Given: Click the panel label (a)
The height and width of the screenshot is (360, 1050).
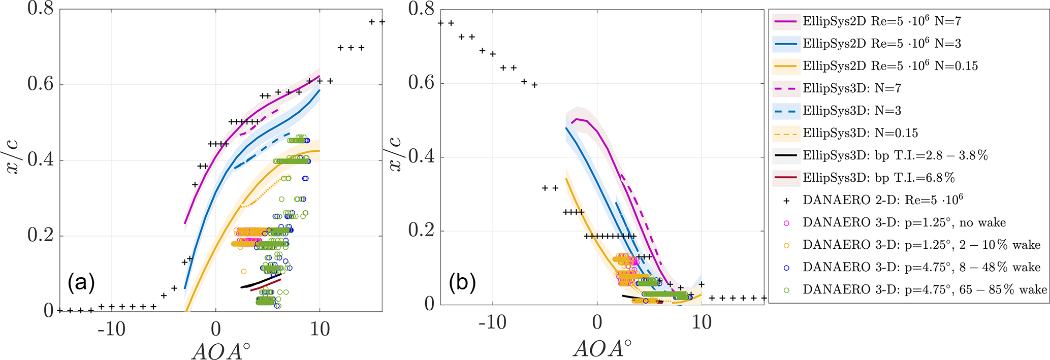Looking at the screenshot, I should point(81,282).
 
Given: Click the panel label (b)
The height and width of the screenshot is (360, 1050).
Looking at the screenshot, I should point(462,282).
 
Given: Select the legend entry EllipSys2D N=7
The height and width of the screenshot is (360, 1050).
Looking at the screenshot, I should point(882,21).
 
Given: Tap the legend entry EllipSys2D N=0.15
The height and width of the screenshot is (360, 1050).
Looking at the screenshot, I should point(890,66).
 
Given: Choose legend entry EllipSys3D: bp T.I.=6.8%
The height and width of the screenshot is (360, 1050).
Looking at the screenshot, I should point(878,178).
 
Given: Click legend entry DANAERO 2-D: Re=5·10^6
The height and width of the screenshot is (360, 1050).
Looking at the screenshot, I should point(883,200).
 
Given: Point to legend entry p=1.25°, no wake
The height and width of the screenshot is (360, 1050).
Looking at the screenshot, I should point(904,222).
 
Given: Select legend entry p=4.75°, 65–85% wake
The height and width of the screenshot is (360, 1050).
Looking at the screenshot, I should point(925,289).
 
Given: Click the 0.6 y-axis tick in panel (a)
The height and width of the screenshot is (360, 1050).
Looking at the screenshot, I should point(41,84).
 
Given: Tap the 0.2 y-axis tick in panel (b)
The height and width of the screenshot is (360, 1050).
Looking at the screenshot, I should point(422,231).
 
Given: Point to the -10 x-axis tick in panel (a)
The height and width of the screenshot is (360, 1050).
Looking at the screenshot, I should point(112,329).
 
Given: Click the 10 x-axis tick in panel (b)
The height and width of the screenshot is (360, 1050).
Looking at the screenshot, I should point(702,322).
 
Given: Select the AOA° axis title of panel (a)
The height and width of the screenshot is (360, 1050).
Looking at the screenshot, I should point(221,350).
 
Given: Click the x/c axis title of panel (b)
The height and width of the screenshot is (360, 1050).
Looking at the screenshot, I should point(396,154).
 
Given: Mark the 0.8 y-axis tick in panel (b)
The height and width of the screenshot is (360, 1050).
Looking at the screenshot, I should point(422,9).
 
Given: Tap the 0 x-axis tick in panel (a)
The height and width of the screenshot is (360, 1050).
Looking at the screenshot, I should point(216,329).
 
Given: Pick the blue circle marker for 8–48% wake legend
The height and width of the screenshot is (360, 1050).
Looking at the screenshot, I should point(786,267).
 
